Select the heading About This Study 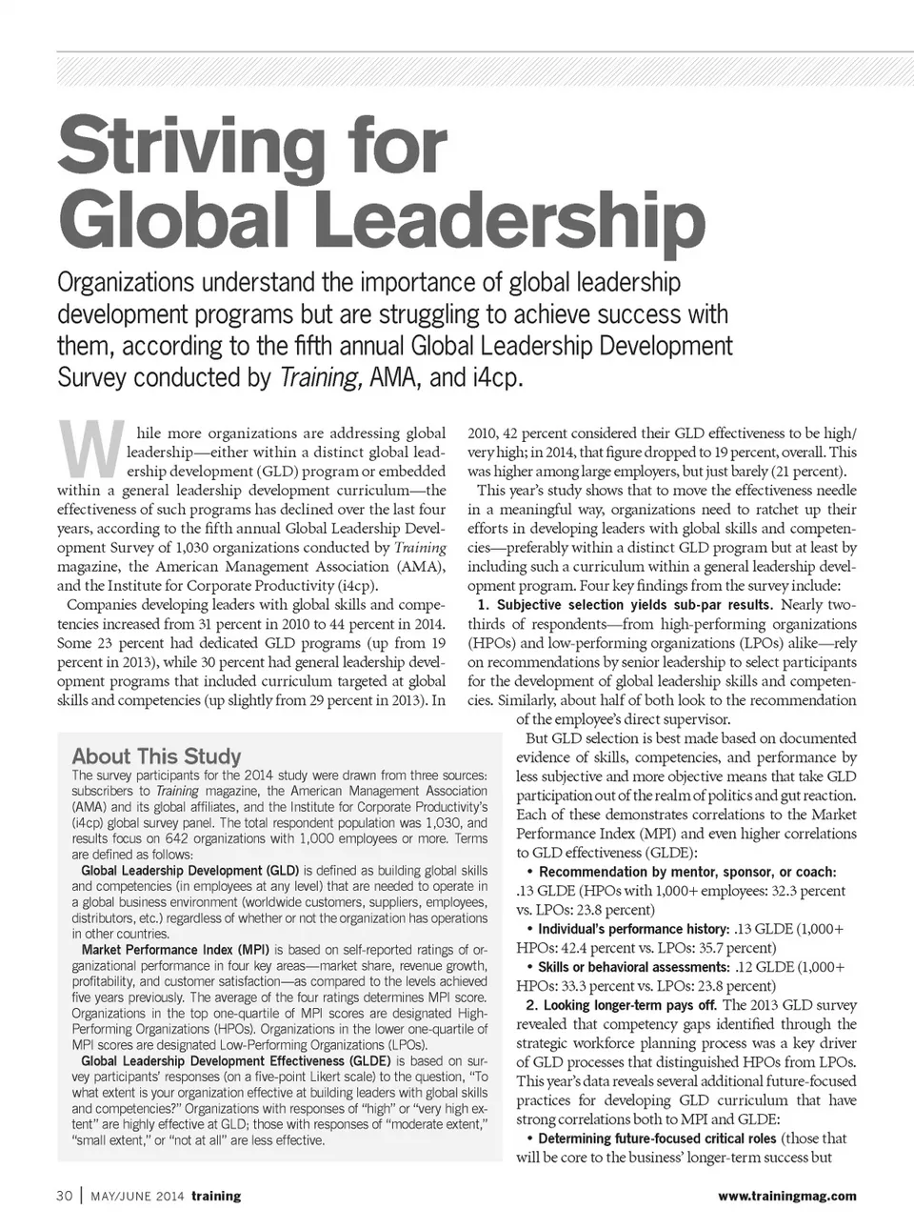point(157,756)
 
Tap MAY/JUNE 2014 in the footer point(138,1196)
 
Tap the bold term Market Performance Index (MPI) point(175,950)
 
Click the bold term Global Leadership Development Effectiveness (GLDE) point(236,1060)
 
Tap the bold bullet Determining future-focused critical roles point(658,1138)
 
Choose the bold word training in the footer point(215,1196)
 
